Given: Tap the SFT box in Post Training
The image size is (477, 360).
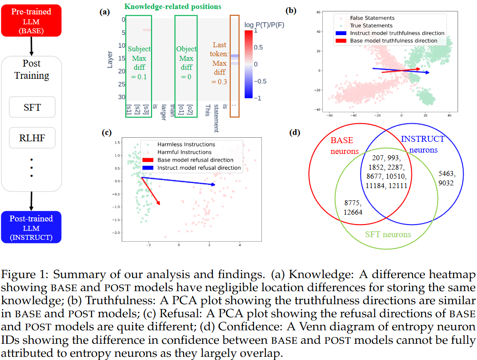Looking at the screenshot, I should coord(32,108).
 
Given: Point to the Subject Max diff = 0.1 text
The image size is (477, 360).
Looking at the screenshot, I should coord(139,63).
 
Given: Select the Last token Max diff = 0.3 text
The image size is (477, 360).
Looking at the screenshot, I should coord(219,63).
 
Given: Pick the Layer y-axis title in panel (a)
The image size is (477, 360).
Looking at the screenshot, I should coord(110,59).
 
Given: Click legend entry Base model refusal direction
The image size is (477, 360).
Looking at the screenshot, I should coord(195,160).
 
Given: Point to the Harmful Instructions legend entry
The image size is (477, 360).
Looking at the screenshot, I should coord(186,152).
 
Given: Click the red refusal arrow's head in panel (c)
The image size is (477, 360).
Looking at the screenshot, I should coord(159,204).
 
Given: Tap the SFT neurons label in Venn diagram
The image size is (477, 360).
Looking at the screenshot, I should coord(387,234).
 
